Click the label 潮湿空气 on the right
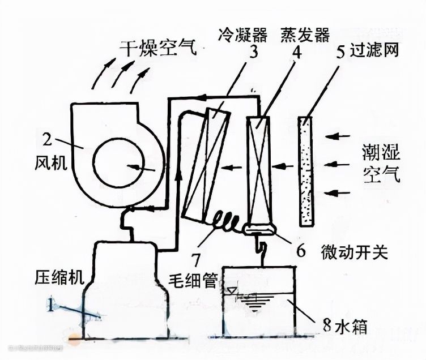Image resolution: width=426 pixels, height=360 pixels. pos(381,164)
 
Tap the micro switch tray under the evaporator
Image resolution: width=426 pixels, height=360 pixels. pos(259,229)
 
